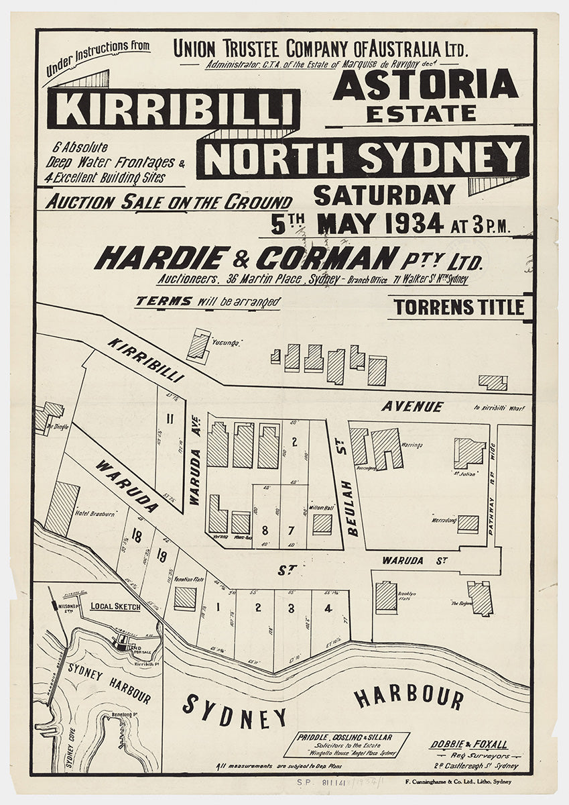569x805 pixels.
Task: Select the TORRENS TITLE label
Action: [459, 307]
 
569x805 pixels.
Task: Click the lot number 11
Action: [170, 420]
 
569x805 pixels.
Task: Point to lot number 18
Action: [137, 535]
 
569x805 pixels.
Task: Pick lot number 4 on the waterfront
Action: [328, 609]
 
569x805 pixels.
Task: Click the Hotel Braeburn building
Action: [61, 508]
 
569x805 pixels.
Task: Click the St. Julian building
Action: [469, 453]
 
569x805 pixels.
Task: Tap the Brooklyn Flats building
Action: [386, 596]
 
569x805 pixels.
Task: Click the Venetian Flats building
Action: [185, 598]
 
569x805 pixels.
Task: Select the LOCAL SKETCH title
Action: [115, 606]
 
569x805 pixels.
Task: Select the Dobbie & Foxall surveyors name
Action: [468, 745]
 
